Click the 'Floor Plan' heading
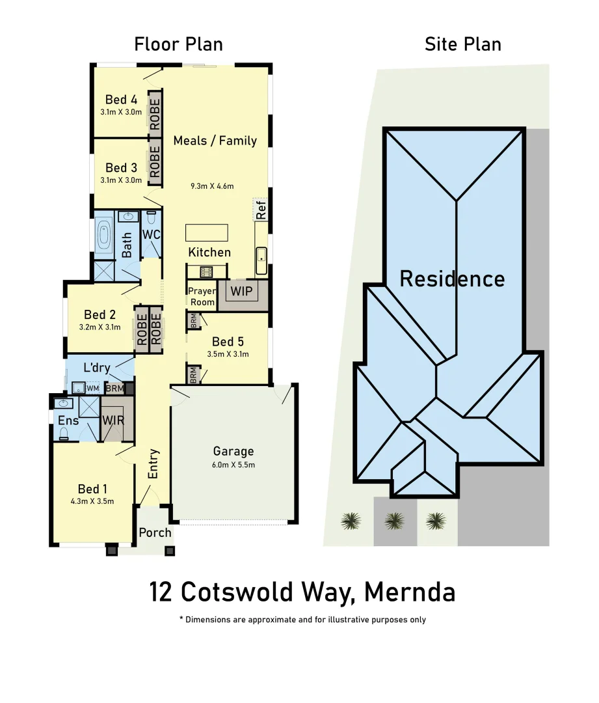pos(178,44)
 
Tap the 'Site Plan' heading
pos(462,44)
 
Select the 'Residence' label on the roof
pos(451,279)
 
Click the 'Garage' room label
pos(233,451)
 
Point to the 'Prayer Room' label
pos(201,296)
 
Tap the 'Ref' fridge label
pos(261,210)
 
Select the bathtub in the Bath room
pos(104,236)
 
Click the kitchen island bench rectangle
pos(207,232)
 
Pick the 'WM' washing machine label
pos(92,389)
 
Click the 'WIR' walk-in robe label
pos(113,420)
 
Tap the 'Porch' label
pos(155,532)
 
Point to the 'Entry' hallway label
pos(153,463)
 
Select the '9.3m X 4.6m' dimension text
pos(212,186)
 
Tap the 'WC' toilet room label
pos(151,234)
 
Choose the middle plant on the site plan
pos(393,520)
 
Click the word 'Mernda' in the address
pos(410,592)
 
